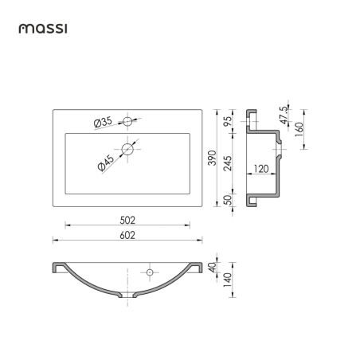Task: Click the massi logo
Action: [43, 29]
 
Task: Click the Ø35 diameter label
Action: [103, 122]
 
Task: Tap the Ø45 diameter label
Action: [106, 162]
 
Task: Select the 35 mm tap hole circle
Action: [127, 121]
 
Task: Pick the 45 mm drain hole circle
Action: [127, 149]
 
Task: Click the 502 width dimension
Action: [127, 221]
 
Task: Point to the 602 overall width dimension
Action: [127, 235]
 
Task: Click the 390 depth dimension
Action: [213, 158]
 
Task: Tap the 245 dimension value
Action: [228, 163]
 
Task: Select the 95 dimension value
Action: [228, 121]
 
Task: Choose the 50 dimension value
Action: [228, 200]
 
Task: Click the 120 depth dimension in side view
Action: [261, 169]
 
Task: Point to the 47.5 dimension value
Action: [284, 115]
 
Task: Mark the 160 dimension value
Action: [299, 129]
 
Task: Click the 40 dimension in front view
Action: [213, 267]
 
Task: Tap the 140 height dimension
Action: [228, 280]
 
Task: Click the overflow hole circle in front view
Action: [150, 272]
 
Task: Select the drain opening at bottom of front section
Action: [127, 295]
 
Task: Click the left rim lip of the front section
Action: [59, 268]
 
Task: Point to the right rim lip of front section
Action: [197, 268]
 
